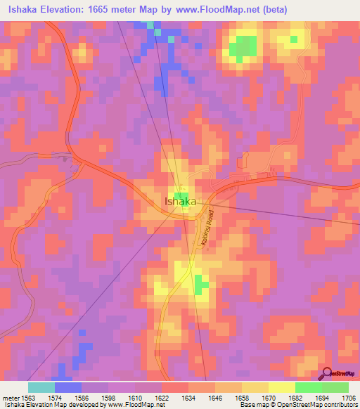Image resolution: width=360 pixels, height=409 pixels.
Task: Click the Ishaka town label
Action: tap(180, 202)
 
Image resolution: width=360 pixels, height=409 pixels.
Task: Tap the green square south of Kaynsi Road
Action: tap(202, 285)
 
